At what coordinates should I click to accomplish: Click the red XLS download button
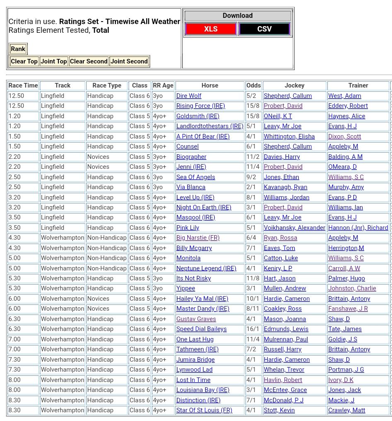pos(211,29)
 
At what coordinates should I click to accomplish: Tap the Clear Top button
pos(24,61)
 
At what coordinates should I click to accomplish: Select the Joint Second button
pos(129,61)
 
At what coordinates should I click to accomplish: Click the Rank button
pos(18,49)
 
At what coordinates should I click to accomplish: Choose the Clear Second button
pos(89,61)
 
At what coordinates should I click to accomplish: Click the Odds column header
pos(254,85)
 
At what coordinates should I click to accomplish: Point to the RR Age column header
pos(163,85)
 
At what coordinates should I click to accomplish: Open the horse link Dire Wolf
pos(189,96)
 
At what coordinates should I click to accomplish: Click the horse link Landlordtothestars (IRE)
pos(210,126)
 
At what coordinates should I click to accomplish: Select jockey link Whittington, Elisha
pos(289,136)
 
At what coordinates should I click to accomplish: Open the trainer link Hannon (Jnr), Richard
pos(358,228)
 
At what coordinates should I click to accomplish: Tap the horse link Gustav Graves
pos(196,319)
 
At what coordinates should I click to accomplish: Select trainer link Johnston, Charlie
pos(352,288)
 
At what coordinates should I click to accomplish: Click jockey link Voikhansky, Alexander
pos(294,228)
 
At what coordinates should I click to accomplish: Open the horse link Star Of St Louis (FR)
pos(204,410)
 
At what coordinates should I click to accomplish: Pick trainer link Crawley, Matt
pos(347,410)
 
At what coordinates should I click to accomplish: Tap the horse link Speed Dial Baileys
pos(201,329)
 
